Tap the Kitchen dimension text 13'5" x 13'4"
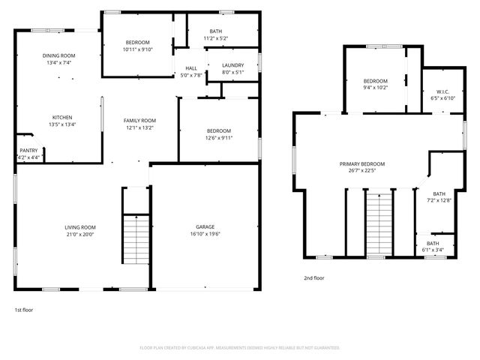click(62, 124)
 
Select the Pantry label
click(28, 151)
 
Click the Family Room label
click(140, 121)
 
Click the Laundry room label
click(232, 66)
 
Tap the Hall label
click(191, 68)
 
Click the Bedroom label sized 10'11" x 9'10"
click(138, 42)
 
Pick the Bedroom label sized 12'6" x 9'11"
click(219, 130)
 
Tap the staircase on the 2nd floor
click(379, 223)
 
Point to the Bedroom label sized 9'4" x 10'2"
click(376, 81)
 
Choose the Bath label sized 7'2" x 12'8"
click(439, 193)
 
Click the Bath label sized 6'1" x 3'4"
click(433, 243)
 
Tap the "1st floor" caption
click(23, 309)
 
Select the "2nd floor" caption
click(313, 277)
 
